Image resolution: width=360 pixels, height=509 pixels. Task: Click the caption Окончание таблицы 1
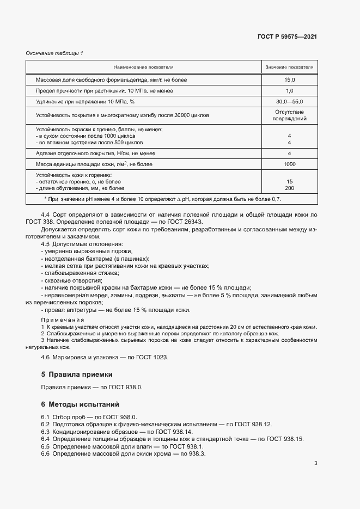(x=54, y=53)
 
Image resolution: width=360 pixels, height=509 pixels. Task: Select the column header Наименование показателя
(x=143, y=67)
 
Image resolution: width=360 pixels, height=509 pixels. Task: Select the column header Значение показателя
(x=289, y=67)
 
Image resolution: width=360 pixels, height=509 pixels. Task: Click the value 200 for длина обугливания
(x=289, y=188)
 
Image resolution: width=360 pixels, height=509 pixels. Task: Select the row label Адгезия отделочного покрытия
(x=95, y=154)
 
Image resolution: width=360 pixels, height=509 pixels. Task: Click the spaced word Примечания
(x=63, y=320)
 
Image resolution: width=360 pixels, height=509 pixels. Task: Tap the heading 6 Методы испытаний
(x=80, y=404)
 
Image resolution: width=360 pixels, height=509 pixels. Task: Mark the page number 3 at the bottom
(x=316, y=463)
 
